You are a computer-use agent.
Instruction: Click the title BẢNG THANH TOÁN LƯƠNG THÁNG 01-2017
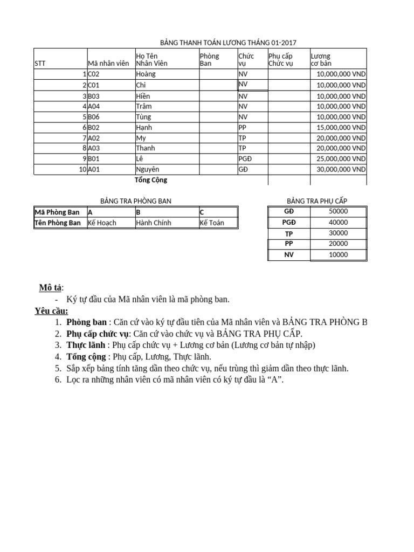coord(229,43)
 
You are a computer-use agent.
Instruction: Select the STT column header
coord(40,63)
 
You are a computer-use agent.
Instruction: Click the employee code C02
coord(94,74)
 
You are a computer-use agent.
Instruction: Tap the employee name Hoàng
coord(146,74)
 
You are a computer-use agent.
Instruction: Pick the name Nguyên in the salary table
coord(148,169)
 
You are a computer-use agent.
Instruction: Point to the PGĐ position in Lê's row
coord(245,158)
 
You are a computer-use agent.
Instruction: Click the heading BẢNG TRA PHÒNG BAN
coord(136,201)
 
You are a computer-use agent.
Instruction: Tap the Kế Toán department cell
coord(212,223)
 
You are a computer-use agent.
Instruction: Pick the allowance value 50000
coord(338,211)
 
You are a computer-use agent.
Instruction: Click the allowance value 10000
coord(338,255)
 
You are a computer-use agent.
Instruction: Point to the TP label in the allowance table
coord(289,233)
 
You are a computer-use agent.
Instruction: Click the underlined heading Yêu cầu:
coord(52,311)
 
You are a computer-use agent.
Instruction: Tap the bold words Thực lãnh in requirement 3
coord(86,345)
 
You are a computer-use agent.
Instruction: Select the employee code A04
coord(94,106)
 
